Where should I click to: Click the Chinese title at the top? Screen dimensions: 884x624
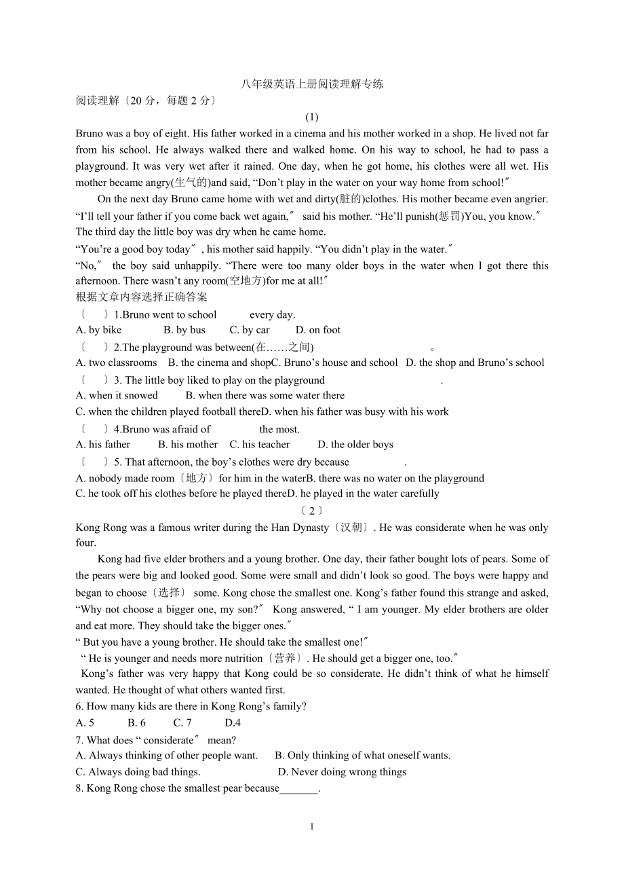tap(312, 84)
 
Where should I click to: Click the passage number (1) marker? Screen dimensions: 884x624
tap(312, 117)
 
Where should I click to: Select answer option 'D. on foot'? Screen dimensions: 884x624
tap(318, 330)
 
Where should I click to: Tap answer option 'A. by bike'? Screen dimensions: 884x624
tap(99, 330)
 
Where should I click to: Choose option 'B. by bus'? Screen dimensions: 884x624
tap(184, 330)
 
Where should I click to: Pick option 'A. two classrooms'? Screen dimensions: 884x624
tap(117, 363)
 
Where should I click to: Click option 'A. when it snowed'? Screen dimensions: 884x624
tap(117, 395)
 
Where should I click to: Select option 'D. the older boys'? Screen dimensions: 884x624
tap(355, 445)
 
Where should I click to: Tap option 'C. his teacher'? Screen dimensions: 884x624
tap(260, 445)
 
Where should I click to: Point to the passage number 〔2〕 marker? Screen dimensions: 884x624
tap(312, 511)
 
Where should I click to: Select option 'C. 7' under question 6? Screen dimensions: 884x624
tap(182, 722)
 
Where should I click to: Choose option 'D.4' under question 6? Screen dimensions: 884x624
tap(233, 722)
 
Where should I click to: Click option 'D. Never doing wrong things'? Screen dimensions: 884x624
tap(343, 772)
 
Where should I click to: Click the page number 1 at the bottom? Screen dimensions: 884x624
tap(312, 826)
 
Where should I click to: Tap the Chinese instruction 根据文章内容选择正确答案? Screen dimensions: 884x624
tap(142, 297)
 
